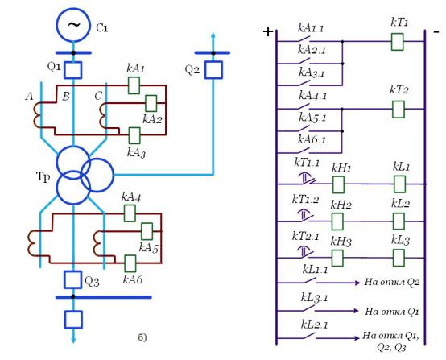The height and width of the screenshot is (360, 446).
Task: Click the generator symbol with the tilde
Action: point(73,25)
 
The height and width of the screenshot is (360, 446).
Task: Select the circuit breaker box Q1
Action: point(72,70)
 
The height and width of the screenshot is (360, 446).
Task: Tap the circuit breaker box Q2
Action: point(213,70)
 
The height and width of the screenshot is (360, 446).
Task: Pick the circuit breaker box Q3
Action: point(73,279)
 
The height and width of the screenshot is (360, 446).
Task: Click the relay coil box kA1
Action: point(134,85)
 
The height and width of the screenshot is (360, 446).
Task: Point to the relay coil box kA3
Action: point(134,135)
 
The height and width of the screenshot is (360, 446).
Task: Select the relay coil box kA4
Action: point(130,213)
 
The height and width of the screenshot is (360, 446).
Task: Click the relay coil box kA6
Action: point(130,263)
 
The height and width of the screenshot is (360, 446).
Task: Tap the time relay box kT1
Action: point(397,42)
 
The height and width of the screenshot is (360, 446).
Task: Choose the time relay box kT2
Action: point(399,110)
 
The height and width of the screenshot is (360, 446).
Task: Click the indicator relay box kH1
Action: point(338,184)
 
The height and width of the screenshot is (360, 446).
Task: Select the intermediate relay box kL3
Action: point(399,258)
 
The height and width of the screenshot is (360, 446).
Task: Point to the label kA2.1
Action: point(312,50)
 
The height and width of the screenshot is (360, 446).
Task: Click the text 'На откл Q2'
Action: point(392,282)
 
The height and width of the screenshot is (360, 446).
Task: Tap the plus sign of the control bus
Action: point(268,31)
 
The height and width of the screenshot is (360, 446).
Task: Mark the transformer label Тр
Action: point(43,177)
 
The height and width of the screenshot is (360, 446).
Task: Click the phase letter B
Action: point(66,97)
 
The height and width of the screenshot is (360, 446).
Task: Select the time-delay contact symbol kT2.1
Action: point(305,251)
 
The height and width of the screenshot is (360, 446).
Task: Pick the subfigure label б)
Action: point(142,337)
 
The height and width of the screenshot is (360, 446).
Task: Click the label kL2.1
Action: point(314,325)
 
